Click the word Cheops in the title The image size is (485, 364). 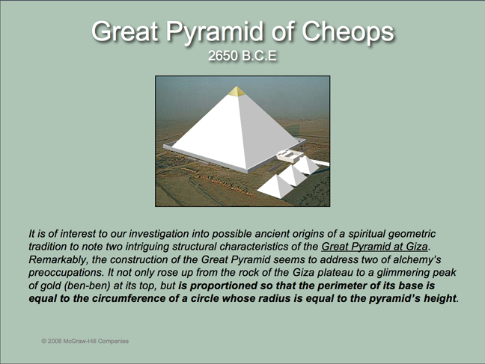pyautogui.click(x=347, y=32)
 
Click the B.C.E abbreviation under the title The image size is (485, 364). pyautogui.click(x=259, y=55)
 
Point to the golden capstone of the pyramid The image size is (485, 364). pyautogui.click(x=237, y=91)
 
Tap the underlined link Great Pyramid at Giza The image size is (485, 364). pyautogui.click(x=374, y=247)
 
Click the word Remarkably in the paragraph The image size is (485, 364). pyautogui.click(x=57, y=260)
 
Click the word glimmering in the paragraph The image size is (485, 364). pyautogui.click(x=401, y=273)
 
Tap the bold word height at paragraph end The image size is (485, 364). pyautogui.click(x=440, y=299)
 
